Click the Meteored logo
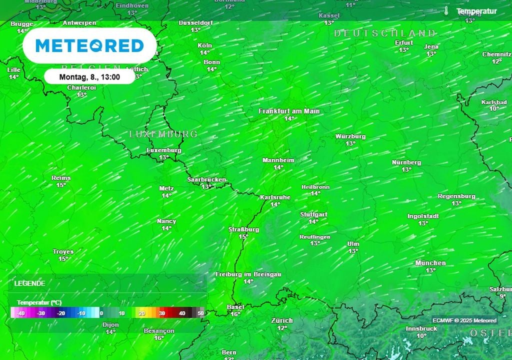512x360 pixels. (89, 45)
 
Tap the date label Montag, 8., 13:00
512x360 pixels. (89, 77)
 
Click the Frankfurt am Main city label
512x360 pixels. (289, 111)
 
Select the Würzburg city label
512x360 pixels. (350, 136)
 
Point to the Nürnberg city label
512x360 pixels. (406, 162)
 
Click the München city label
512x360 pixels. (430, 263)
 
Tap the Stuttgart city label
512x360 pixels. (313, 214)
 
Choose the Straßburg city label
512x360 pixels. (243, 229)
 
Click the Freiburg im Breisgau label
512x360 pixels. (248, 274)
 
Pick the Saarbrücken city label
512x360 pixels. (206, 179)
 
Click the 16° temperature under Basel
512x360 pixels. (235, 314)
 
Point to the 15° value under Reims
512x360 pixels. (61, 185)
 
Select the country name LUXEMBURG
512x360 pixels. (163, 134)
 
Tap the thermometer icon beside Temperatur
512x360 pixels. (446, 11)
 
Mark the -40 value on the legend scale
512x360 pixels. (20, 313)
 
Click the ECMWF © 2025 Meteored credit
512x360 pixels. (464, 320)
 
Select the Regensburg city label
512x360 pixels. (456, 196)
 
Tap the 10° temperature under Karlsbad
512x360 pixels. (494, 108)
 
